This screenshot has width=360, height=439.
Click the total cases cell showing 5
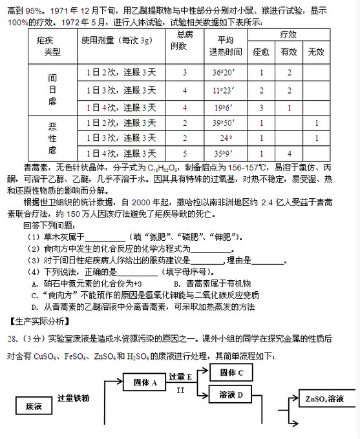pos(185,153)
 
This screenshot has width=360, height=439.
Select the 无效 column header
pos(316,51)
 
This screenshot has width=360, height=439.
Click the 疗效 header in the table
pos(288,33)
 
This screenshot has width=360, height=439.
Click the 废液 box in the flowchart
pos(34,406)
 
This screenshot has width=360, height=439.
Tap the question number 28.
pos(11,338)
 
